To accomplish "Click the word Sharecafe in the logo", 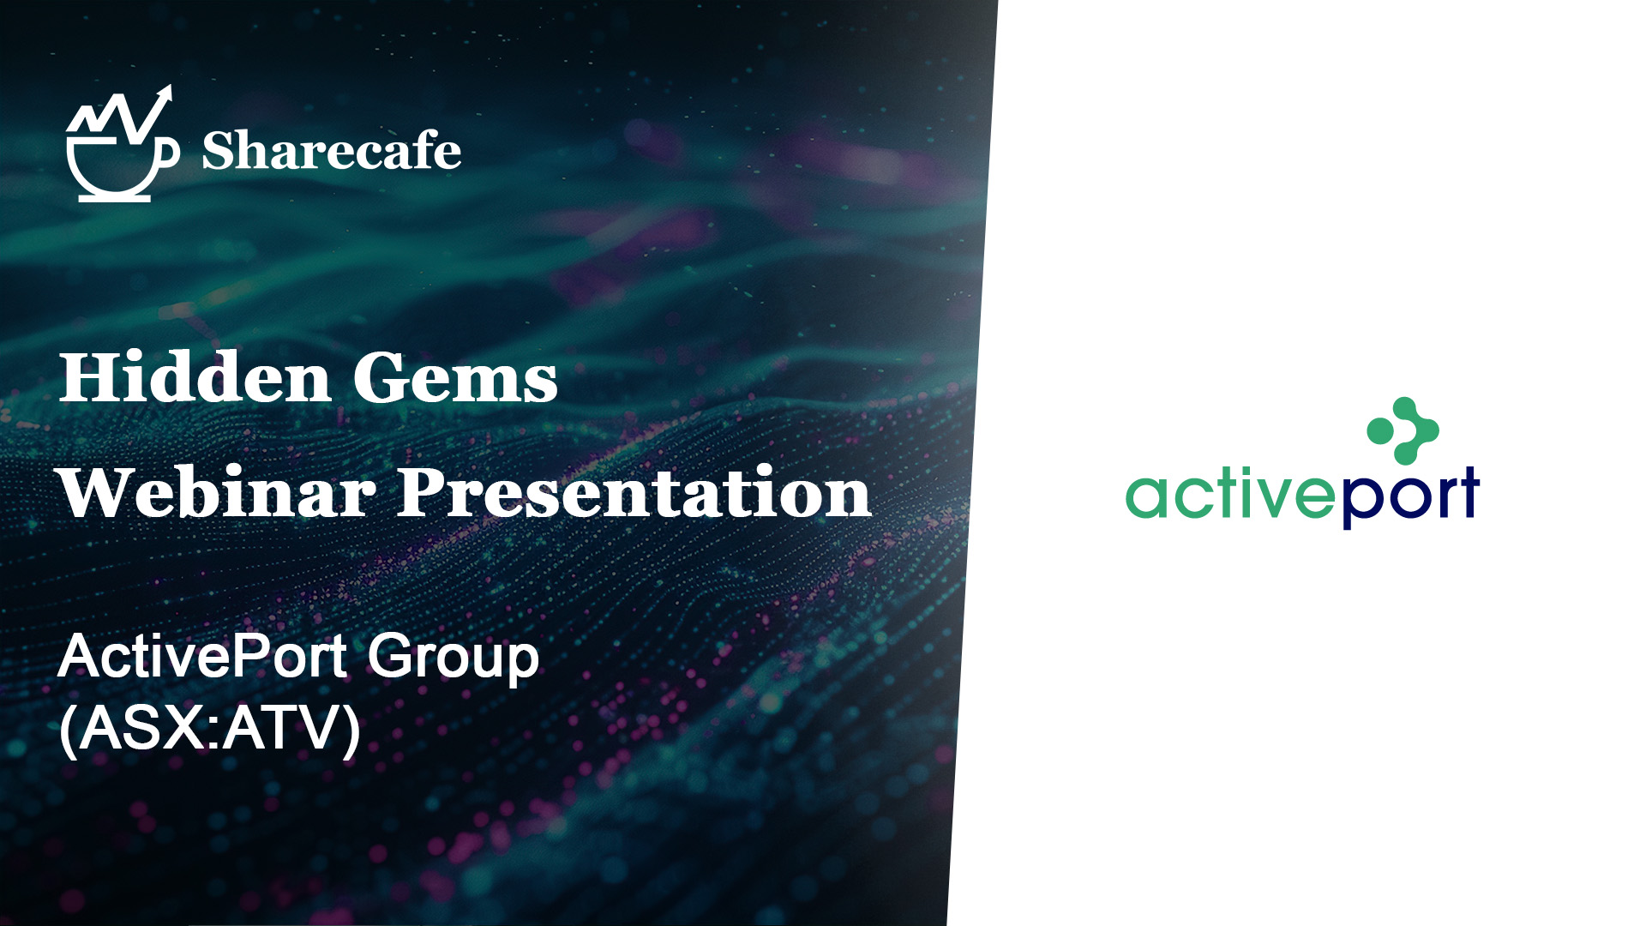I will tap(331, 151).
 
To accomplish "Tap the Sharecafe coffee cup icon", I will tap(111, 167).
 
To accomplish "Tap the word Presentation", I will tap(634, 493).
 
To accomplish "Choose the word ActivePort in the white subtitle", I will tap(202, 657).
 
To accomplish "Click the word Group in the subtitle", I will tap(454, 658).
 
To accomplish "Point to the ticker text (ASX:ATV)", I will tap(210, 729).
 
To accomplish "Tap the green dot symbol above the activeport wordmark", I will tap(1403, 430).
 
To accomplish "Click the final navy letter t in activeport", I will tap(1469, 493).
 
